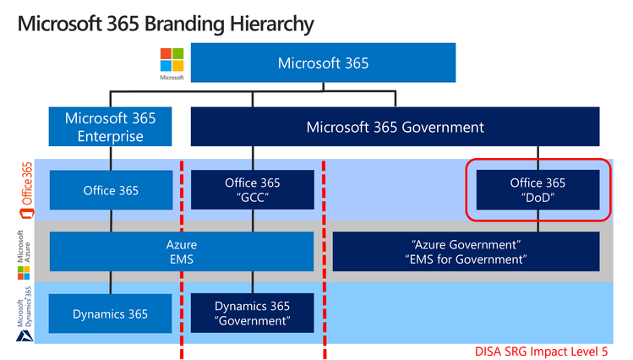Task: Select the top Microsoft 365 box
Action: (x=323, y=63)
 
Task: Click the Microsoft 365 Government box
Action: (x=395, y=127)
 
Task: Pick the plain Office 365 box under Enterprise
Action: (x=110, y=190)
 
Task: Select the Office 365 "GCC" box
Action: (x=252, y=190)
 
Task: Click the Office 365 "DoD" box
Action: (x=538, y=190)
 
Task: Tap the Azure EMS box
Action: (x=182, y=251)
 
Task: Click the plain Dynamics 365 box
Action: (x=110, y=314)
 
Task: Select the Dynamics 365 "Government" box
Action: (x=252, y=314)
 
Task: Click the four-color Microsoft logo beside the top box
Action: (x=172, y=61)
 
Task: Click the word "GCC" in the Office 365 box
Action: (x=252, y=198)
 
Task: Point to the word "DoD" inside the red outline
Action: (x=538, y=198)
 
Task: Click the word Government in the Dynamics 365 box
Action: (x=252, y=321)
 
